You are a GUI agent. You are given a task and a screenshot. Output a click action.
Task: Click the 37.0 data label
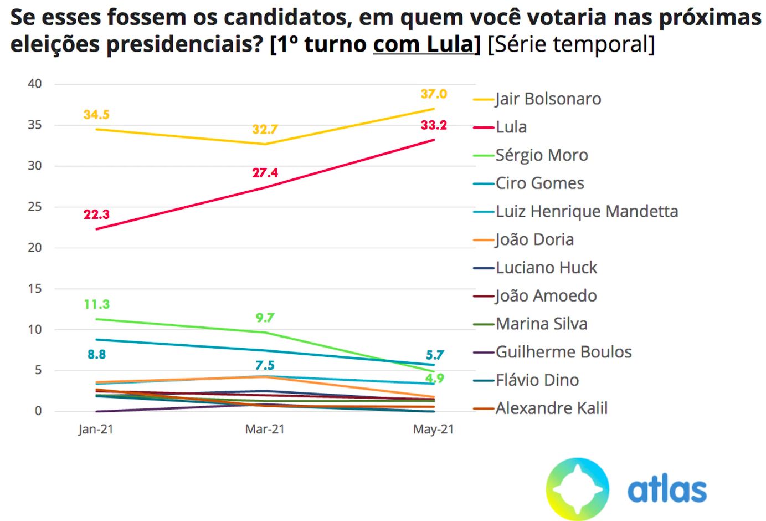click(434, 94)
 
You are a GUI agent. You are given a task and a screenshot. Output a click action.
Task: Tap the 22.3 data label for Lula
click(97, 214)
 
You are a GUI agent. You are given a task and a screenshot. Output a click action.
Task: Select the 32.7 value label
click(265, 130)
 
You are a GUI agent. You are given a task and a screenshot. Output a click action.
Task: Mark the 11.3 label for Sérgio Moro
click(97, 304)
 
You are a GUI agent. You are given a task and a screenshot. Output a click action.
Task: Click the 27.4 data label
click(265, 173)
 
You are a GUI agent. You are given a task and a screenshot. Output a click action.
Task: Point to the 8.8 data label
click(96, 355)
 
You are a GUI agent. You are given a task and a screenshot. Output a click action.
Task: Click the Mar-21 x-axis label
click(265, 430)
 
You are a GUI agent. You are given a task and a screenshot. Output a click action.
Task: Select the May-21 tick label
click(433, 430)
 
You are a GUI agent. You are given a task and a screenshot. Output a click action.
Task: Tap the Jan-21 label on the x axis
click(96, 430)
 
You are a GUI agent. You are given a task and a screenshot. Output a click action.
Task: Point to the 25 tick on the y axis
click(35, 207)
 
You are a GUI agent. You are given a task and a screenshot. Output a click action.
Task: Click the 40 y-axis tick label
click(35, 84)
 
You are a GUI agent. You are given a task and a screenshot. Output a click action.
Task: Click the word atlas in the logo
click(667, 490)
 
